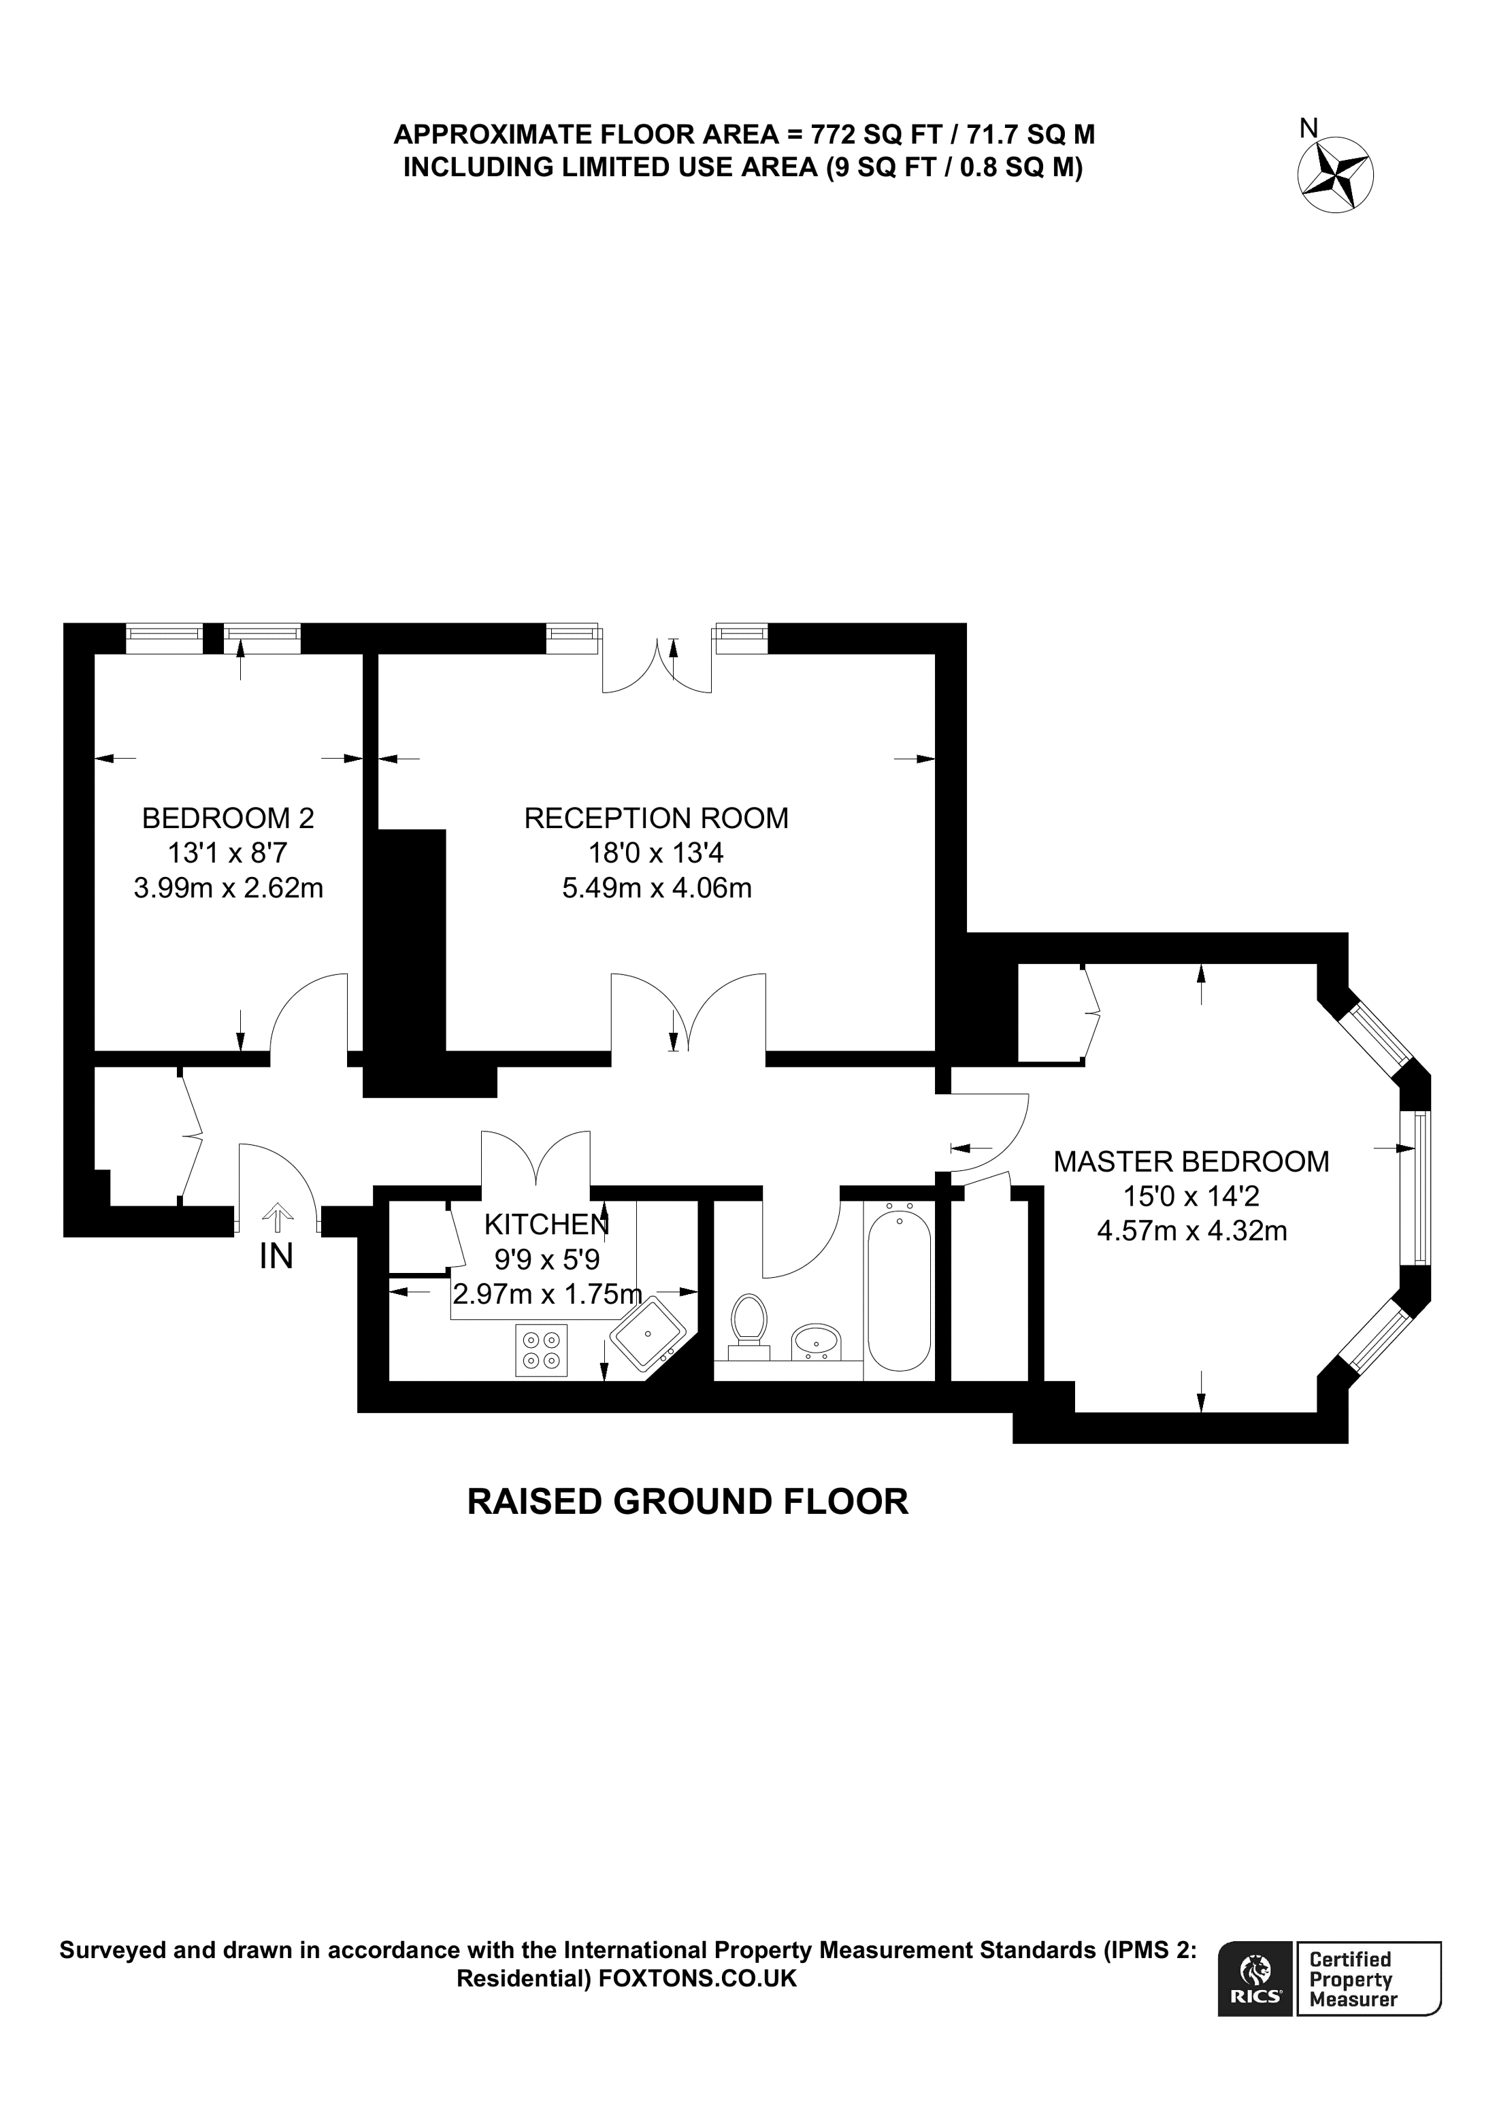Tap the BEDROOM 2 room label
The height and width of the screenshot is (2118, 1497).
[228, 817]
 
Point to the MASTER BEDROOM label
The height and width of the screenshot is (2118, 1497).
[1191, 1161]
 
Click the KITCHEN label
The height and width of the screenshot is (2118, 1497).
[546, 1224]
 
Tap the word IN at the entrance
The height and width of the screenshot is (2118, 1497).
[276, 1257]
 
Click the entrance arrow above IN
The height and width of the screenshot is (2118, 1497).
[276, 1217]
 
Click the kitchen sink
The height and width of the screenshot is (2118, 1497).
[651, 1335]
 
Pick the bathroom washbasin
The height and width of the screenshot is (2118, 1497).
[817, 1340]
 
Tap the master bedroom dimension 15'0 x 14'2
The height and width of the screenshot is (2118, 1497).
[1191, 1197]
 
